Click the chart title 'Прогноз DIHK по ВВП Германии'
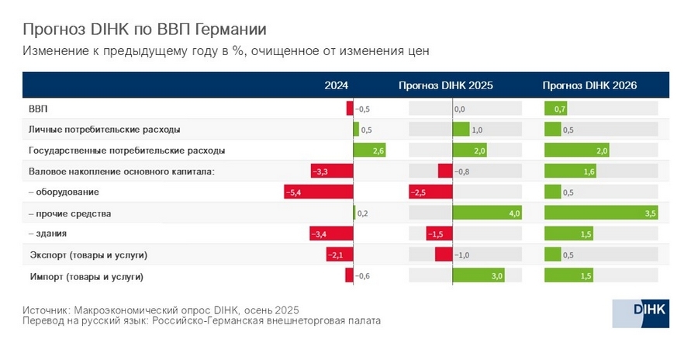[144, 29]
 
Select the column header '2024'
[336, 86]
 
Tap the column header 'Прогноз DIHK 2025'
[445, 86]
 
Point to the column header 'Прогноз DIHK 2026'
[589, 86]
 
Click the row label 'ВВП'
[38, 109]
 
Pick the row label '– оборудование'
[64, 192]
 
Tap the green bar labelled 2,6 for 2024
[370, 151]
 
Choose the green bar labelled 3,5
[601, 213]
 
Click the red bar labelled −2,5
[430, 192]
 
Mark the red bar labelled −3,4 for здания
[331, 234]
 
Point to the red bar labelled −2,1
[340, 254]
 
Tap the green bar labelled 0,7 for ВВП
[556, 109]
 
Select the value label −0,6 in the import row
[363, 275]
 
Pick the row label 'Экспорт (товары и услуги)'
[88, 254]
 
